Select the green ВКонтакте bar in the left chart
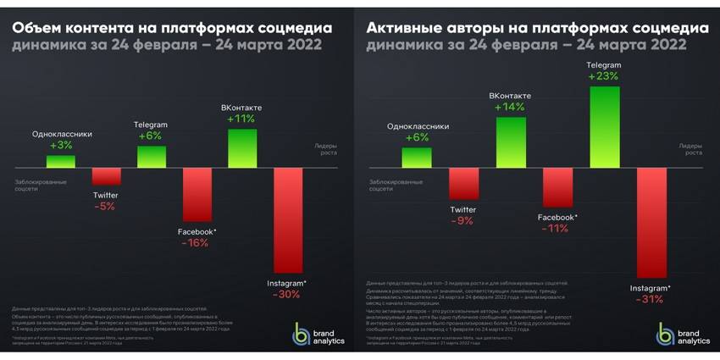243,147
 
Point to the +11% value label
242,119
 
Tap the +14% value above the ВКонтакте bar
510,108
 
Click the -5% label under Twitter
106,206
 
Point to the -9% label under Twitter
463,221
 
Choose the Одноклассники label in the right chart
416,126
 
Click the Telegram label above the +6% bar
151,125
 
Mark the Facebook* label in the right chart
557,217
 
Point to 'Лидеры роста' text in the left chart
326,150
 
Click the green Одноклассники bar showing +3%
61,160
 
